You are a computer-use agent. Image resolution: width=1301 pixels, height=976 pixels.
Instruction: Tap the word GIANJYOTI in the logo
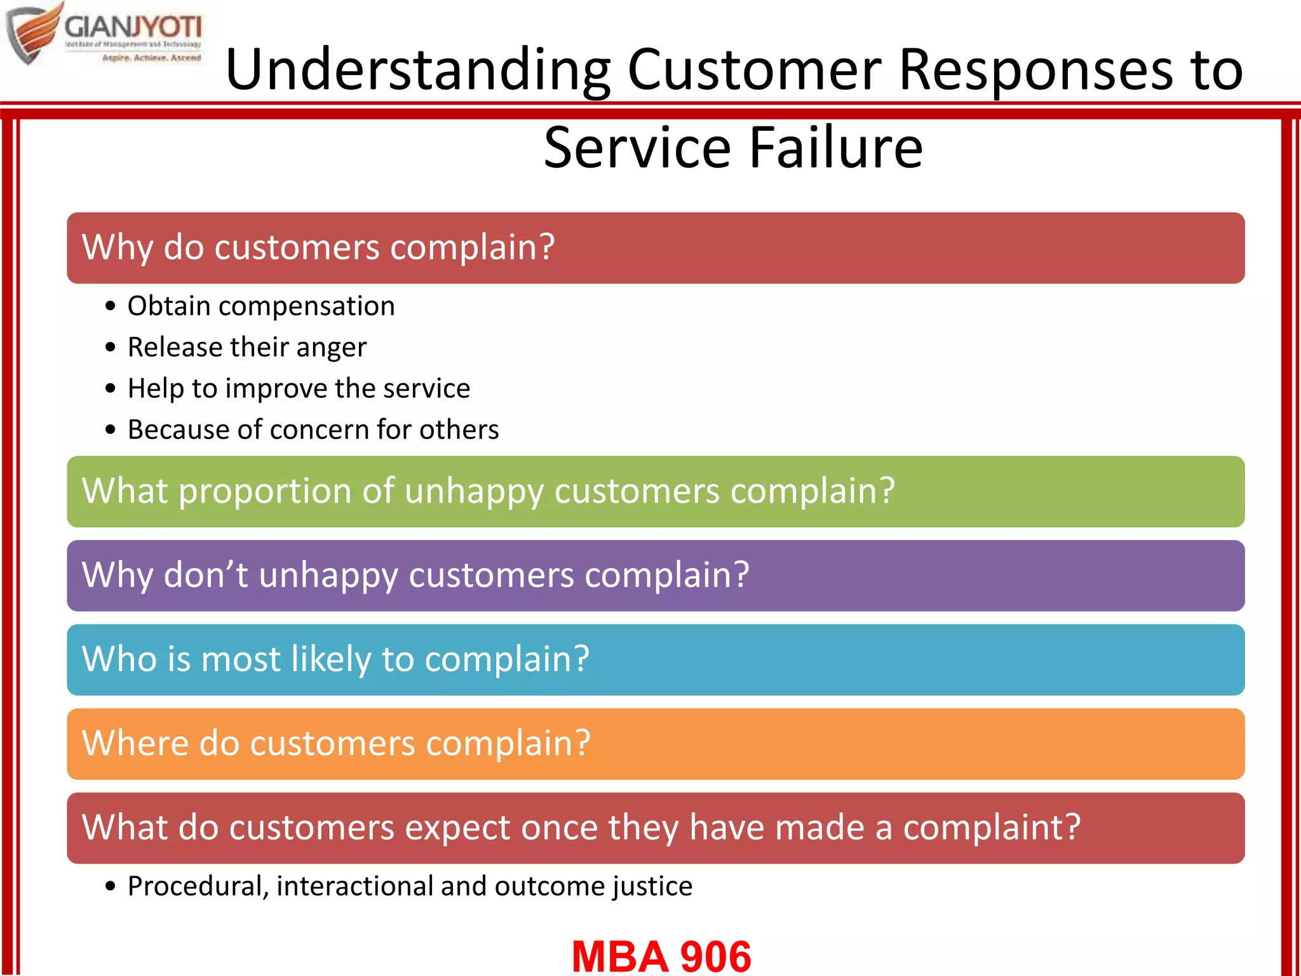pos(133,28)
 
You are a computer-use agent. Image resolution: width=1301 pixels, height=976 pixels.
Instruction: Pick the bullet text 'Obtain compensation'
pos(261,306)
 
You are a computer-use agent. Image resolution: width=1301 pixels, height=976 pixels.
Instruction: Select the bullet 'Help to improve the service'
pos(299,389)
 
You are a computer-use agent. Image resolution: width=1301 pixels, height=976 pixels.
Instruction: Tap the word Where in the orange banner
pos(135,743)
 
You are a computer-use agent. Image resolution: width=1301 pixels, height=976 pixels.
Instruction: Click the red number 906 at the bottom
pos(715,956)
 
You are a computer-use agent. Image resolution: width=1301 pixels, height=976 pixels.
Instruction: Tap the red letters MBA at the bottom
pos(620,956)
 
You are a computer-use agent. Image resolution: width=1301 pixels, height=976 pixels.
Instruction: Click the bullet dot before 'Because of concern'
pos(111,430)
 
